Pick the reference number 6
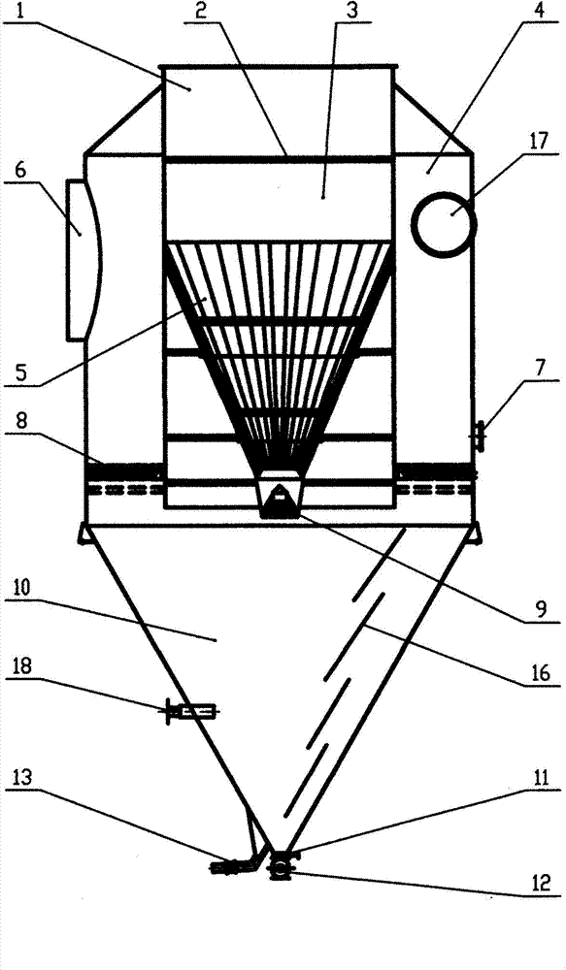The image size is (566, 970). [x=21, y=171]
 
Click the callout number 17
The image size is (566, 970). [x=540, y=141]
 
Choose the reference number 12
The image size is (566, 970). [x=541, y=883]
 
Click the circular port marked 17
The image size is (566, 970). [x=444, y=225]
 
